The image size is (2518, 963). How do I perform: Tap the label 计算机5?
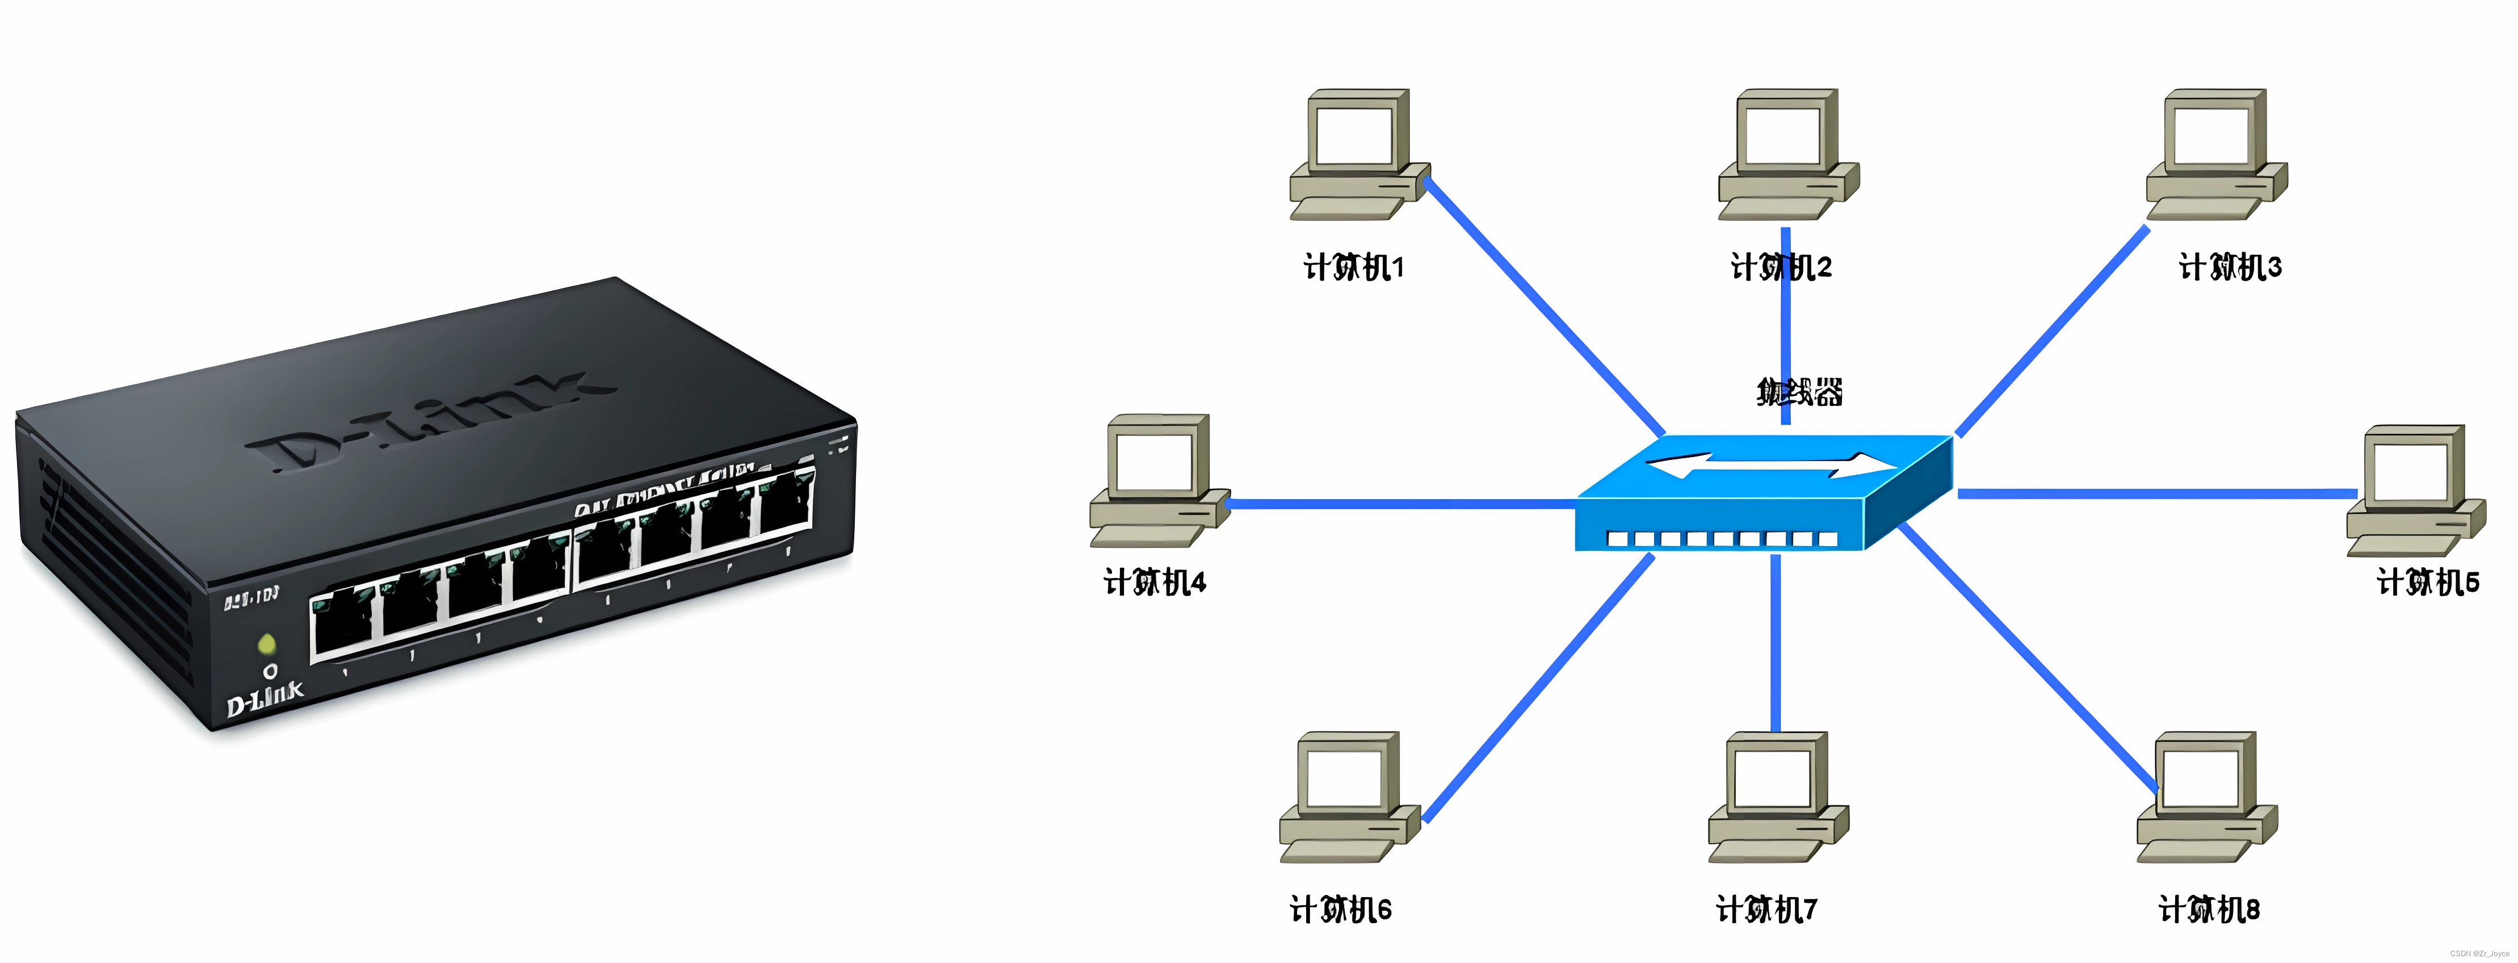2428,583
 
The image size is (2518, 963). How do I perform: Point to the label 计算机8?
2209,909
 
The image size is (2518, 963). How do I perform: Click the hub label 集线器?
1799,392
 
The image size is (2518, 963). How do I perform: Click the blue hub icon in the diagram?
1764,494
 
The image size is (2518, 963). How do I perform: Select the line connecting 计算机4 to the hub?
1398,504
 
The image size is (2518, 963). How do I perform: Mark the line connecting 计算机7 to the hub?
1775,645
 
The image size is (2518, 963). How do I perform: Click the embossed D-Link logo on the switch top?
430,420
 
